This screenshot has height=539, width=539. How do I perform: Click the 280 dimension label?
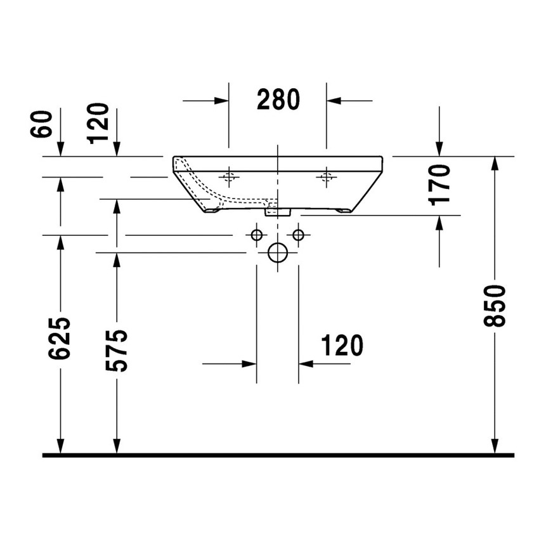pos(278,100)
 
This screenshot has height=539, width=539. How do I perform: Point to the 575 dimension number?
pos(117,350)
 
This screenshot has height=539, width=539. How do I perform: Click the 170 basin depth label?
pos(439,184)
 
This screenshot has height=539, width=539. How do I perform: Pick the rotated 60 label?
pos(41,124)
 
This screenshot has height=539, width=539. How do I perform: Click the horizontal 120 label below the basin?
pos(342,346)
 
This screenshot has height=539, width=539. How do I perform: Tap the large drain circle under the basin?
pos(278,252)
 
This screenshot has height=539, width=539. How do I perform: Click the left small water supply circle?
pos(256,235)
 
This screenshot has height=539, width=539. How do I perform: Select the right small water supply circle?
pos(298,235)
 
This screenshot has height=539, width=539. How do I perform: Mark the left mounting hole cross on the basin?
pos(229,177)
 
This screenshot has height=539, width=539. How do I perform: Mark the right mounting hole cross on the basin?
pos(327,177)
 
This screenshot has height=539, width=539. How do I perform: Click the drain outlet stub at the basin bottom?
pos(278,211)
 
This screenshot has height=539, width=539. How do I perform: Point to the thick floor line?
pos(278,455)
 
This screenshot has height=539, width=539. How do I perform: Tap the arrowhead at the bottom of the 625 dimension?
pos(60,446)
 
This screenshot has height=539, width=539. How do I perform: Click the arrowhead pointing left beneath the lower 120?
pos(306,364)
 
